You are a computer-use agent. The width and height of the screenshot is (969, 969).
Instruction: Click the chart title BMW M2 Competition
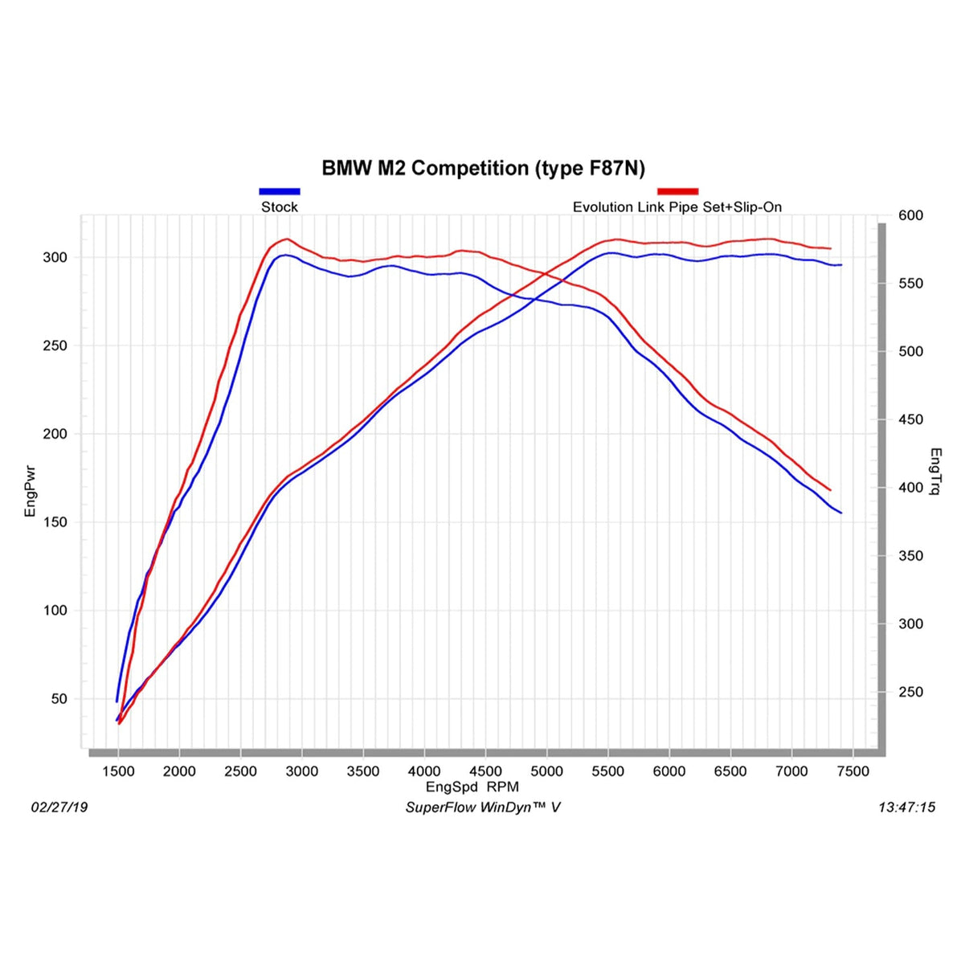pos(483,168)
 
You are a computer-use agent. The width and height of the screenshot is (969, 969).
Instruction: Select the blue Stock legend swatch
pos(279,191)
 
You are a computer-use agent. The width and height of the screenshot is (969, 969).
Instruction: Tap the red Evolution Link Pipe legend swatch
pos(677,191)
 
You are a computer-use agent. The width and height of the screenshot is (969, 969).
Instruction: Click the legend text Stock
pos(279,206)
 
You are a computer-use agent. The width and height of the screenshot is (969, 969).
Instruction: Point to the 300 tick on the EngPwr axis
pos(55,257)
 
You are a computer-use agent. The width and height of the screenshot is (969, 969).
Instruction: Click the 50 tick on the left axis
pos(59,698)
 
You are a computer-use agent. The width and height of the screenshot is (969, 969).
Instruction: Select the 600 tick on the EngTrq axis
pos(911,215)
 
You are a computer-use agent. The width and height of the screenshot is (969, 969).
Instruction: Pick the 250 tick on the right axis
pos(911,692)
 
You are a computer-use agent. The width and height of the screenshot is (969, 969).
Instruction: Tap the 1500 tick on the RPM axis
pos(118,771)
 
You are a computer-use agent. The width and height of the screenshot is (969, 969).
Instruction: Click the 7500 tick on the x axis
pos(852,771)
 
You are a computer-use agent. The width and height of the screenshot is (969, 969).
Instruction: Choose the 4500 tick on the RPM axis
pos(485,771)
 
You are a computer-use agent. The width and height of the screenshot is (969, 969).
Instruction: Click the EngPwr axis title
pos(31,491)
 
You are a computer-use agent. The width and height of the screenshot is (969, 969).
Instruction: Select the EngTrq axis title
pos(935,472)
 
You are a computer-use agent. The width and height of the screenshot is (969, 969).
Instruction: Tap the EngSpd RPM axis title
pos(472,787)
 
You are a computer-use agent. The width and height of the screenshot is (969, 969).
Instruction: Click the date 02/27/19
pos(59,807)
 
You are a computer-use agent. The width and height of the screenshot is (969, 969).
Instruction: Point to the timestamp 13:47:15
pos(906,807)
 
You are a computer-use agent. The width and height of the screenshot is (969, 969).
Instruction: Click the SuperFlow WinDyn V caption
pos(482,807)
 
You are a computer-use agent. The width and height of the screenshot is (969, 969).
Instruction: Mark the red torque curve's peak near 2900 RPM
pos(286,239)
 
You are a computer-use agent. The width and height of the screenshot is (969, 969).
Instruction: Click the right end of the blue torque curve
pos(840,513)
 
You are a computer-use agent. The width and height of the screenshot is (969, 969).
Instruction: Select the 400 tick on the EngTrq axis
pos(911,488)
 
